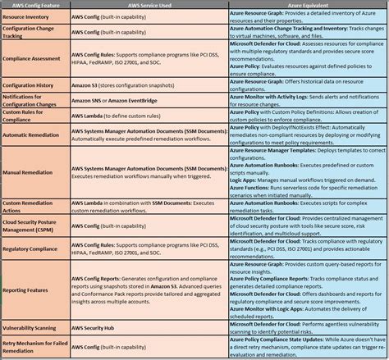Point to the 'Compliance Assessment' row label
click(33, 59)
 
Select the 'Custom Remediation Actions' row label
click(30, 207)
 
